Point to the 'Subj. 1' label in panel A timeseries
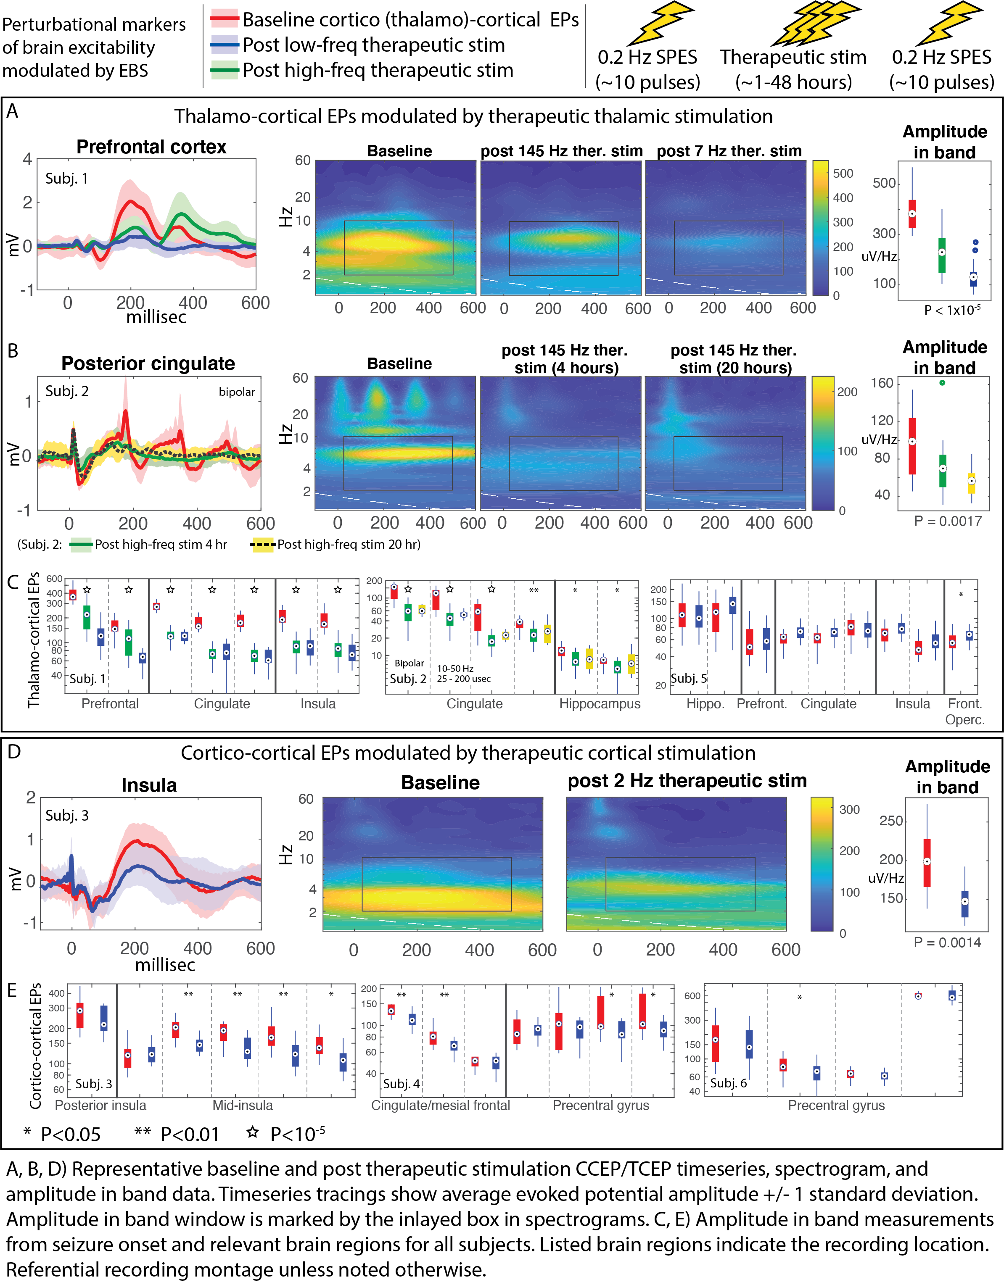66,179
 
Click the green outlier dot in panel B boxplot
942,383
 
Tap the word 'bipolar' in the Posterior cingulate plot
236,392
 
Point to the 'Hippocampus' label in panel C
599,704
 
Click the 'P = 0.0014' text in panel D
947,943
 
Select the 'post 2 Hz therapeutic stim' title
687,781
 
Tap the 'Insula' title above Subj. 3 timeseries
149,785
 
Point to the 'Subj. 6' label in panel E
728,1083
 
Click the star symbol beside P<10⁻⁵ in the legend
253,1132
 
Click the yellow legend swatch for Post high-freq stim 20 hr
262,545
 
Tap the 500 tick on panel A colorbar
843,173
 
